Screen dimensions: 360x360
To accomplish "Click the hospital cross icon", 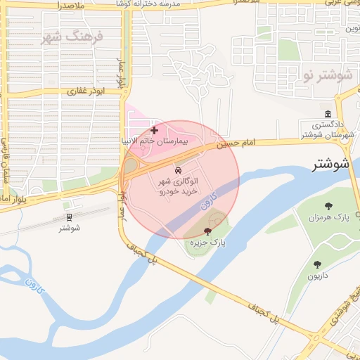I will tap(154, 130).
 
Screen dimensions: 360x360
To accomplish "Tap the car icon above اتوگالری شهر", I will tap(178, 171).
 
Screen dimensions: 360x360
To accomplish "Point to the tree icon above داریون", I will tap(317, 264).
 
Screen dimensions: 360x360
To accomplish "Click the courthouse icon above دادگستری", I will tap(328, 115).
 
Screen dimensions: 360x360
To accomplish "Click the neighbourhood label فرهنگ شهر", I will tap(72, 37).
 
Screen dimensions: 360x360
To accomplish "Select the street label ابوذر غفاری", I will tap(85, 91).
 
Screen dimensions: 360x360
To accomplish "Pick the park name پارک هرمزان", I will tap(328, 217).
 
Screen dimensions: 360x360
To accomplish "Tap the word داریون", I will tap(317, 276).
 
